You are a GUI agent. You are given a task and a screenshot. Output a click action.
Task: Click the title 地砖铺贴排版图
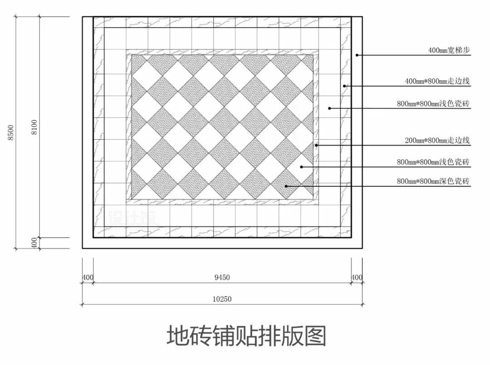click(246, 336)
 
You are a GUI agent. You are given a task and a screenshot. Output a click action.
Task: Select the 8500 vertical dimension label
click(11, 133)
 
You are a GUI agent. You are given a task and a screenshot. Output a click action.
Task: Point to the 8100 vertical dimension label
click(34, 127)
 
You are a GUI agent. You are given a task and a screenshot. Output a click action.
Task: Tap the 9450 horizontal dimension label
click(222, 277)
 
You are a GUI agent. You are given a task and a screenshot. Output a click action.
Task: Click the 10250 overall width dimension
click(222, 299)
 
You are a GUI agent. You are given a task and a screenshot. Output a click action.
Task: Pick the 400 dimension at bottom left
click(88, 277)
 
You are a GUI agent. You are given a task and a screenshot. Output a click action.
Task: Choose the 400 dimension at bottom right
click(357, 277)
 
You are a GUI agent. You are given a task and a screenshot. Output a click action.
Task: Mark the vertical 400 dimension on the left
click(34, 243)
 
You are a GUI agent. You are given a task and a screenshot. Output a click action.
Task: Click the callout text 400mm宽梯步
click(449, 50)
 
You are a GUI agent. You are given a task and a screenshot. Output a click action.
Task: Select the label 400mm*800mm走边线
click(437, 81)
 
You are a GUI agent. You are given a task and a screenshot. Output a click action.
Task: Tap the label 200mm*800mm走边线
click(437, 140)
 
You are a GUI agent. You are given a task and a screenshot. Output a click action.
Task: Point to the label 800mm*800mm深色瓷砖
click(433, 181)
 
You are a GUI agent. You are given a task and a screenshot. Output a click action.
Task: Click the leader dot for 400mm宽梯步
click(357, 55)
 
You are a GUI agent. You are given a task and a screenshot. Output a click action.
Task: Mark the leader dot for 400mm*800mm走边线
click(344, 86)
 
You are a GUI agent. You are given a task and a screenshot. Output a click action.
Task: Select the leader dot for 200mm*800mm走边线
click(316, 145)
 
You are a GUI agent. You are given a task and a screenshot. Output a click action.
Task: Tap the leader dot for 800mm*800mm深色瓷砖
click(286, 186)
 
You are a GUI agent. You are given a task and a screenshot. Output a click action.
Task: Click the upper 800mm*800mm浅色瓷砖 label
click(433, 103)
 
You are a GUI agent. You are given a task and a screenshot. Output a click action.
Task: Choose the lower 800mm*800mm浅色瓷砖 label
click(433, 162)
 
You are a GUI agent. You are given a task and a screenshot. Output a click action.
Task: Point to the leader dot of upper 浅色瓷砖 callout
click(329, 108)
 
